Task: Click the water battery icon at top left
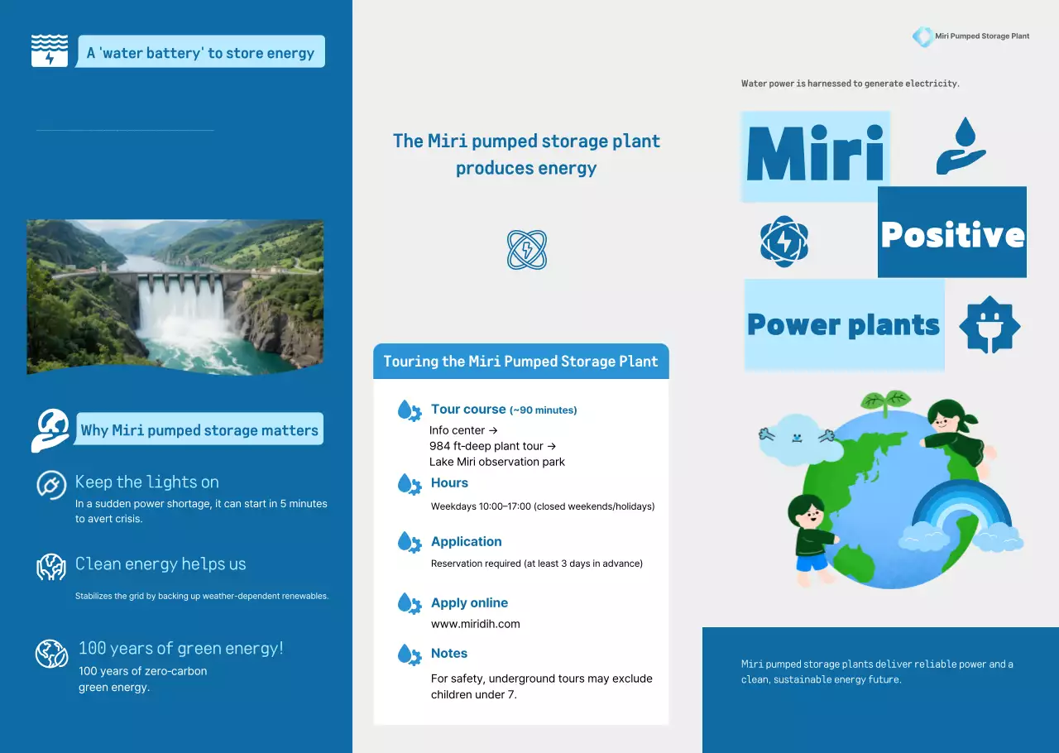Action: point(50,51)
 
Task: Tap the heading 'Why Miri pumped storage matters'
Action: point(199,430)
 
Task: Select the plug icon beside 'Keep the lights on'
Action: point(51,485)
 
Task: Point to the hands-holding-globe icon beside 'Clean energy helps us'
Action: point(51,567)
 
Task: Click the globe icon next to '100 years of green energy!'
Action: point(51,653)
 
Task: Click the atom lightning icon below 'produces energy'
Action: point(527,250)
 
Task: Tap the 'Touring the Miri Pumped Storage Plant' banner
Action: point(520,362)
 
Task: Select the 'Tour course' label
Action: point(468,410)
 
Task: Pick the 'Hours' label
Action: point(449,483)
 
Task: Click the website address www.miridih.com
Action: point(475,624)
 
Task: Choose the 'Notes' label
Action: point(449,654)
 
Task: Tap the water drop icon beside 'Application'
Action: point(409,543)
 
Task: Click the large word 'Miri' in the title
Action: point(815,156)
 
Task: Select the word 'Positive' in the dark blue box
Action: point(952,234)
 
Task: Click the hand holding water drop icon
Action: point(961,146)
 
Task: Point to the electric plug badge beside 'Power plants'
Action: point(990,325)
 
